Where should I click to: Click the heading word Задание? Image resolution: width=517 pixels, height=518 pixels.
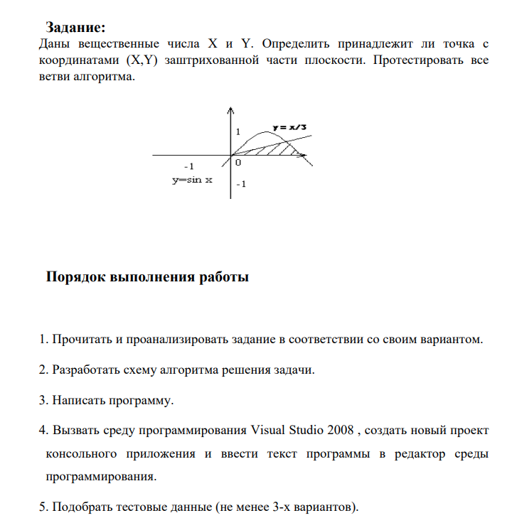tap(75, 28)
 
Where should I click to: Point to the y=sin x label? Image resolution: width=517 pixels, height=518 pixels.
tap(192, 180)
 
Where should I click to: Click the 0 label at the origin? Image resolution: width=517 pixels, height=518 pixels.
tap(238, 163)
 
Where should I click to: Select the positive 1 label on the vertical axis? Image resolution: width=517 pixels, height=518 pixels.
tap(239, 132)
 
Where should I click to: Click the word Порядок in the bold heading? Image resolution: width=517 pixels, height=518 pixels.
tap(76, 277)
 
